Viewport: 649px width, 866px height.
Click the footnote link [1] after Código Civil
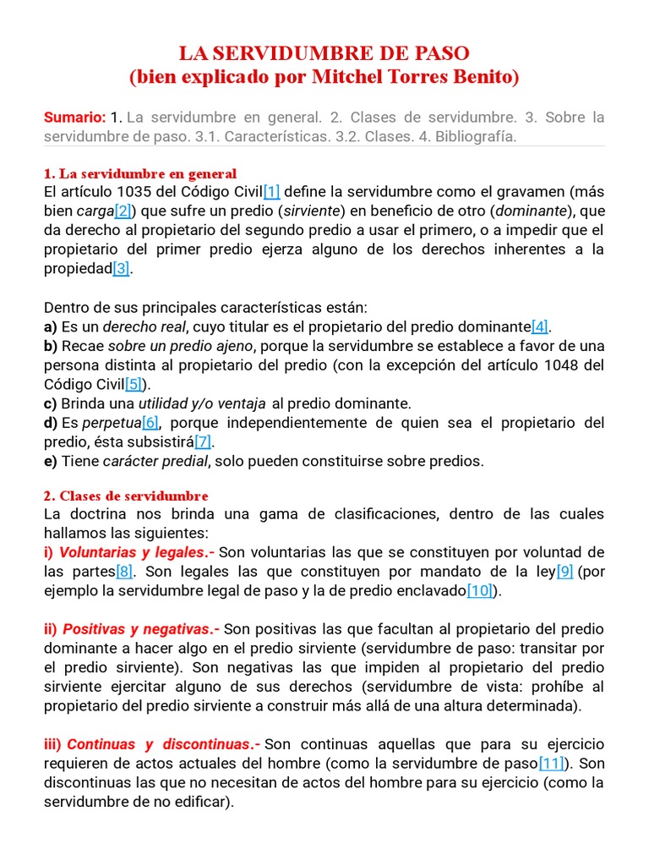pos(271,192)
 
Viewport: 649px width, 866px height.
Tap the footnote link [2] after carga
pos(123,211)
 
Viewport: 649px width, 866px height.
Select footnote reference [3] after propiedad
pos(122,268)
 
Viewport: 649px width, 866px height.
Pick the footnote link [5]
pos(134,384)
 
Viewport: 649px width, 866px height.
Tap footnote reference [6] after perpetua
pos(150,422)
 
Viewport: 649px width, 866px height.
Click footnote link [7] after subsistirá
pos(203,441)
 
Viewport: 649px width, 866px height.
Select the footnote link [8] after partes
pos(125,572)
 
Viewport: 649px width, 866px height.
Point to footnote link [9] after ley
pos(564,572)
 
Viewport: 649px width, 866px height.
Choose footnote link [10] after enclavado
pos(480,591)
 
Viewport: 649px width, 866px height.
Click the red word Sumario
pos(74,117)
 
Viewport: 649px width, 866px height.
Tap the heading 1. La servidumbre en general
pos(140,174)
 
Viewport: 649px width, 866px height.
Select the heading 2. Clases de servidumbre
pos(126,496)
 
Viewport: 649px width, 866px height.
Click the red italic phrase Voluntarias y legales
pos(131,553)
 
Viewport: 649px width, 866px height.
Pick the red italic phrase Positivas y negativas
pos(136,629)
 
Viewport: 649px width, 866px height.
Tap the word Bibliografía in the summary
pos(476,136)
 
